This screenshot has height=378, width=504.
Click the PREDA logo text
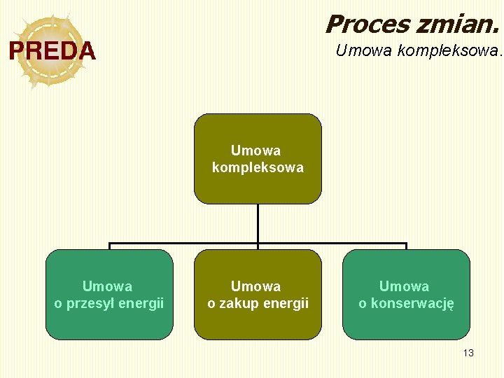pyautogui.click(x=52, y=51)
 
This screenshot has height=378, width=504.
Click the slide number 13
pyautogui.click(x=468, y=353)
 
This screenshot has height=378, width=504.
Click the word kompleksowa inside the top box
pyautogui.click(x=258, y=168)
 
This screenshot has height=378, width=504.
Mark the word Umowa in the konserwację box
pyautogui.click(x=404, y=286)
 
